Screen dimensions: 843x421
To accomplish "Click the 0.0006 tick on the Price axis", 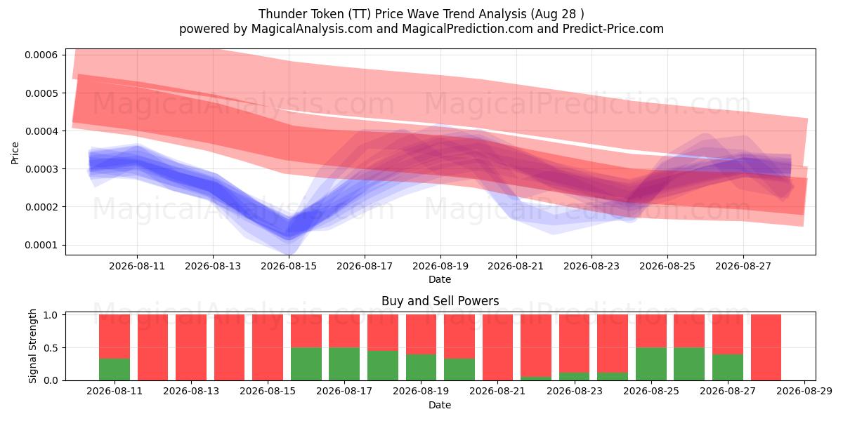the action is pos(41,55).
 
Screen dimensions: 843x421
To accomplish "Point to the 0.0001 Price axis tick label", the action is pos(41,245).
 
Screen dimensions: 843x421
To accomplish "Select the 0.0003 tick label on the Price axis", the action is pos(41,169).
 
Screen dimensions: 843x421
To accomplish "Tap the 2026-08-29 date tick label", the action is pos(804,392).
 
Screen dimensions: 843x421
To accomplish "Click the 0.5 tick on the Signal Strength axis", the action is pos(51,348).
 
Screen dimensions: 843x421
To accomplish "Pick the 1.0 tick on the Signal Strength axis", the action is pos(51,315).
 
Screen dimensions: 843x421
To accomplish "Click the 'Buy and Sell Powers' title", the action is pos(440,301).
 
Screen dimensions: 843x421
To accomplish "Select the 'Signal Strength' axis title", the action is pos(33,346).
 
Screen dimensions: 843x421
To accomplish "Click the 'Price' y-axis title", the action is pos(15,153).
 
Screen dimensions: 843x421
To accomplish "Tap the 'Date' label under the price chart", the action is pos(440,279).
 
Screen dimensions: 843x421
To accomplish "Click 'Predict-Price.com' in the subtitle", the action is pos(613,29).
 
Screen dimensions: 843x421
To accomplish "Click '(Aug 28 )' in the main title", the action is pos(557,14).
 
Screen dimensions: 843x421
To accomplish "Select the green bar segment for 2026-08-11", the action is pos(115,370).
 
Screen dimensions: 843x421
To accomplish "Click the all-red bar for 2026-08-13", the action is pos(191,348).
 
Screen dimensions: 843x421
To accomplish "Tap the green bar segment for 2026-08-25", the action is pos(651,364).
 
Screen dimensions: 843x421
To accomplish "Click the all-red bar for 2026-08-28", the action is pos(766,348).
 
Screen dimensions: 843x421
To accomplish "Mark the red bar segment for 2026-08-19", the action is pos(421,335).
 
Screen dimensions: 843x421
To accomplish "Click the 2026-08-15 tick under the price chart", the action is pos(289,266).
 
